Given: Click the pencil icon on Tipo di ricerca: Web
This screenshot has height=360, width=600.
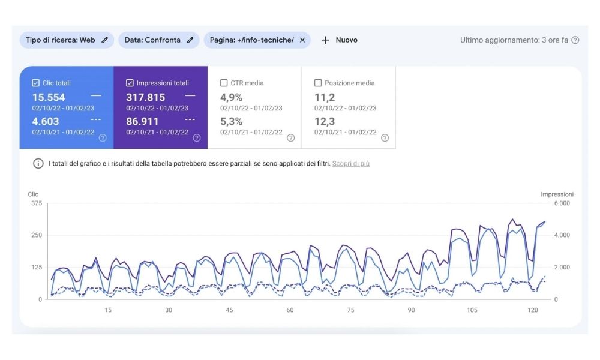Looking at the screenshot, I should click(x=105, y=40).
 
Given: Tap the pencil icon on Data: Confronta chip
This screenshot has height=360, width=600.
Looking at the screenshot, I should click(x=190, y=40).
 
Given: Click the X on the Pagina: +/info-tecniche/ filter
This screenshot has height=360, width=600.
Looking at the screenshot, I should click(x=302, y=40).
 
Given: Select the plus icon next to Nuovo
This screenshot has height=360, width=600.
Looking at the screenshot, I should click(x=325, y=40).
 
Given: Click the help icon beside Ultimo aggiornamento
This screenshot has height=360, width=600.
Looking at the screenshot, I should click(x=575, y=40).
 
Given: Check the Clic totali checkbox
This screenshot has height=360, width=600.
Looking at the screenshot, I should click(x=35, y=83).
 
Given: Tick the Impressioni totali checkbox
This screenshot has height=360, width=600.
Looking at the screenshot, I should click(x=130, y=83).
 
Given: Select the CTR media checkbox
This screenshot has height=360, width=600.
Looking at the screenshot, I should click(x=224, y=83).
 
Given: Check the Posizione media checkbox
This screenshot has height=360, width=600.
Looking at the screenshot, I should click(x=318, y=83).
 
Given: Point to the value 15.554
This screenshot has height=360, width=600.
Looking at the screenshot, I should click(x=49, y=97).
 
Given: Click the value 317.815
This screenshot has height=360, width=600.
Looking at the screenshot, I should click(x=145, y=97).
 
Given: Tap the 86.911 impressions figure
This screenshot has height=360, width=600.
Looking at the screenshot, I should click(x=142, y=121).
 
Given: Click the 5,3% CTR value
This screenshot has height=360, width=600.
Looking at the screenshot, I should click(x=231, y=121).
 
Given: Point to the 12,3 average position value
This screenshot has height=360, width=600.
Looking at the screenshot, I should click(x=325, y=121).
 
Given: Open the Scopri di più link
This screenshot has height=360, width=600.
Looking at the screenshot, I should click(x=351, y=163).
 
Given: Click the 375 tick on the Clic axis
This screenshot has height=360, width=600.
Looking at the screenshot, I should click(x=36, y=203).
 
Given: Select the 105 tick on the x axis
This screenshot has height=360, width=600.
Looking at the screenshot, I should click(x=472, y=310).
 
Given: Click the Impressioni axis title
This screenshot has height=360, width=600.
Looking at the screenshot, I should click(x=557, y=194).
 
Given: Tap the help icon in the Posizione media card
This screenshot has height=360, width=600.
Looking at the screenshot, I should click(x=385, y=137).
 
